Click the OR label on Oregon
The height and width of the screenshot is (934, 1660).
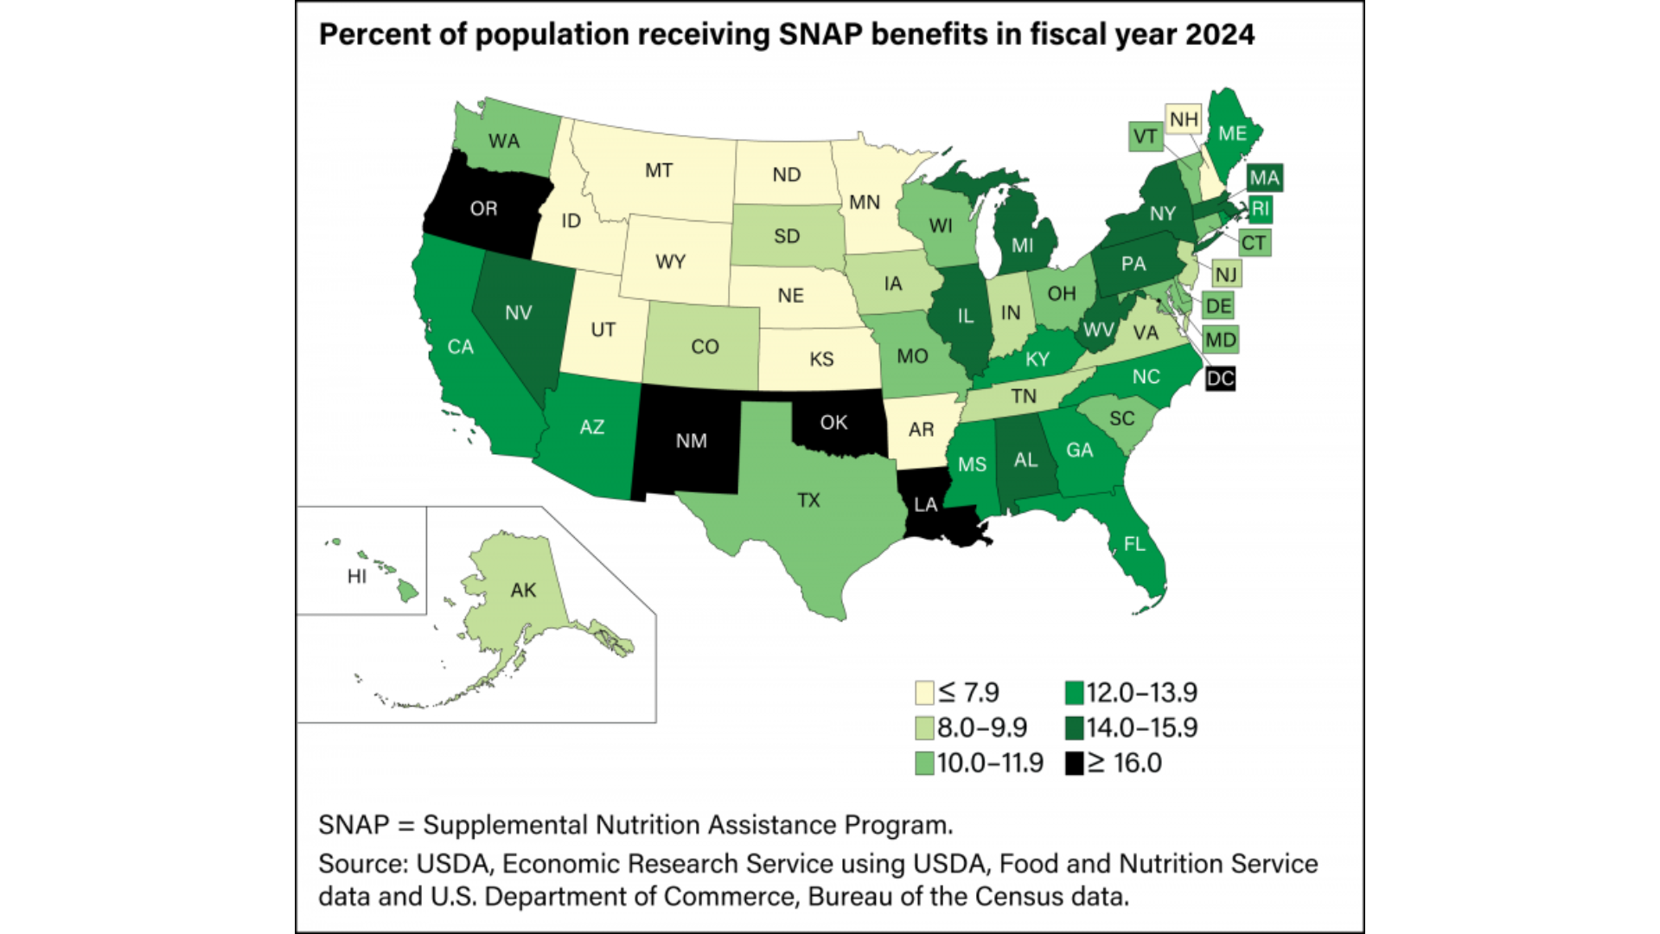(483, 208)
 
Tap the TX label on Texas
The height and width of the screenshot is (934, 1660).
(808, 500)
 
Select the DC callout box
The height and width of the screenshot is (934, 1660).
(1220, 378)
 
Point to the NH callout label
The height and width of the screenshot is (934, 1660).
(1184, 119)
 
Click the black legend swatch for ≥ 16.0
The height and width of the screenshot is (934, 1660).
(1075, 764)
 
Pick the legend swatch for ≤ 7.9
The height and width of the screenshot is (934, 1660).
(924, 693)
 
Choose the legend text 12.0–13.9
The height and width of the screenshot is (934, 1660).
(1141, 693)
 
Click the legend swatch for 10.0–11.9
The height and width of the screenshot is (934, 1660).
(924, 764)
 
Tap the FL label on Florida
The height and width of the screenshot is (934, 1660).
(1134, 544)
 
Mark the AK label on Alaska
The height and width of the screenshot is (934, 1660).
(523, 590)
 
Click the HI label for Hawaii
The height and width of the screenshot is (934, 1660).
(356, 576)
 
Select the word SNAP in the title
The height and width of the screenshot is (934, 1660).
(821, 35)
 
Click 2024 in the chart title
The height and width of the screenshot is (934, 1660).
(1219, 35)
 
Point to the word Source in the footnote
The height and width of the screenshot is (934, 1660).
(359, 863)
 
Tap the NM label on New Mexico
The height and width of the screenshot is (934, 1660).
(691, 441)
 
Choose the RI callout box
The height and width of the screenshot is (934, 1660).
(1260, 208)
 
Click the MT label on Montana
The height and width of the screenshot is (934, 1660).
(658, 170)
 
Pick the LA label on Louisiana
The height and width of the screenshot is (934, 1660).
(925, 504)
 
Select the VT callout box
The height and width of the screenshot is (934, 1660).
(1145, 137)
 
